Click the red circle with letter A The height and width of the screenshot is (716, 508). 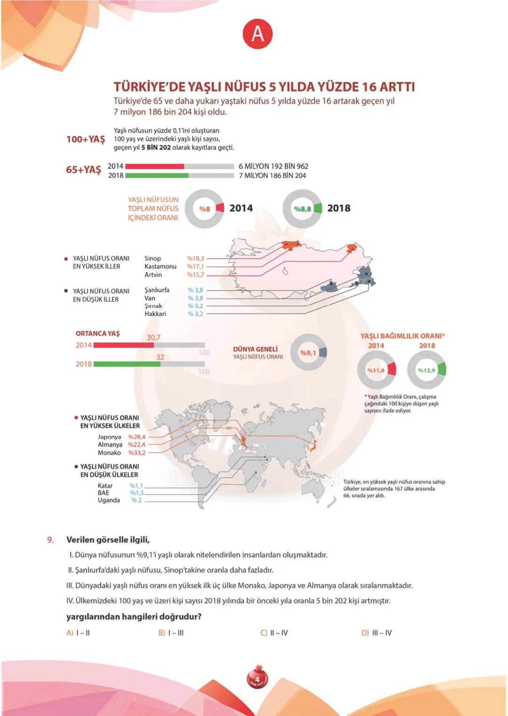click(257, 34)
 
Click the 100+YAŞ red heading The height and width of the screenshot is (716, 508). click(86, 139)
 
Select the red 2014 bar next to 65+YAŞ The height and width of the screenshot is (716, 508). click(155, 166)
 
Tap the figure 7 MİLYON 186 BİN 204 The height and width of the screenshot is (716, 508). click(272, 175)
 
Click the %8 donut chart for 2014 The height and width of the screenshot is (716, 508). click(204, 209)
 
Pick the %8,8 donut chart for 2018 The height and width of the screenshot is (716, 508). click(302, 209)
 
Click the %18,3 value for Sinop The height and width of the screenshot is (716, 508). click(196, 258)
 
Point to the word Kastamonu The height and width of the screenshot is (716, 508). click(160, 266)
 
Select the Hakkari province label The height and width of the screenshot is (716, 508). click(155, 314)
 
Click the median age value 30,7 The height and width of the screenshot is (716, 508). click(153, 337)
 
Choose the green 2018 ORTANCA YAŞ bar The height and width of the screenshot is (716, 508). click(127, 364)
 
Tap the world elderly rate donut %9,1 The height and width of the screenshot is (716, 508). click(309, 353)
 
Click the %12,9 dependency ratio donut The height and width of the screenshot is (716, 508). click(426, 370)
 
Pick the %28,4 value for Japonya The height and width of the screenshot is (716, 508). click(137, 437)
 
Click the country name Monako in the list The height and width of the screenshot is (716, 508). click(109, 453)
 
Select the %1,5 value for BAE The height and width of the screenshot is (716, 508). click(137, 493)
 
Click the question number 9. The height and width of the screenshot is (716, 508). click(50, 540)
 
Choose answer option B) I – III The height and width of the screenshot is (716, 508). click(171, 633)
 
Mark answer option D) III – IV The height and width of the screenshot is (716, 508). click(376, 633)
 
